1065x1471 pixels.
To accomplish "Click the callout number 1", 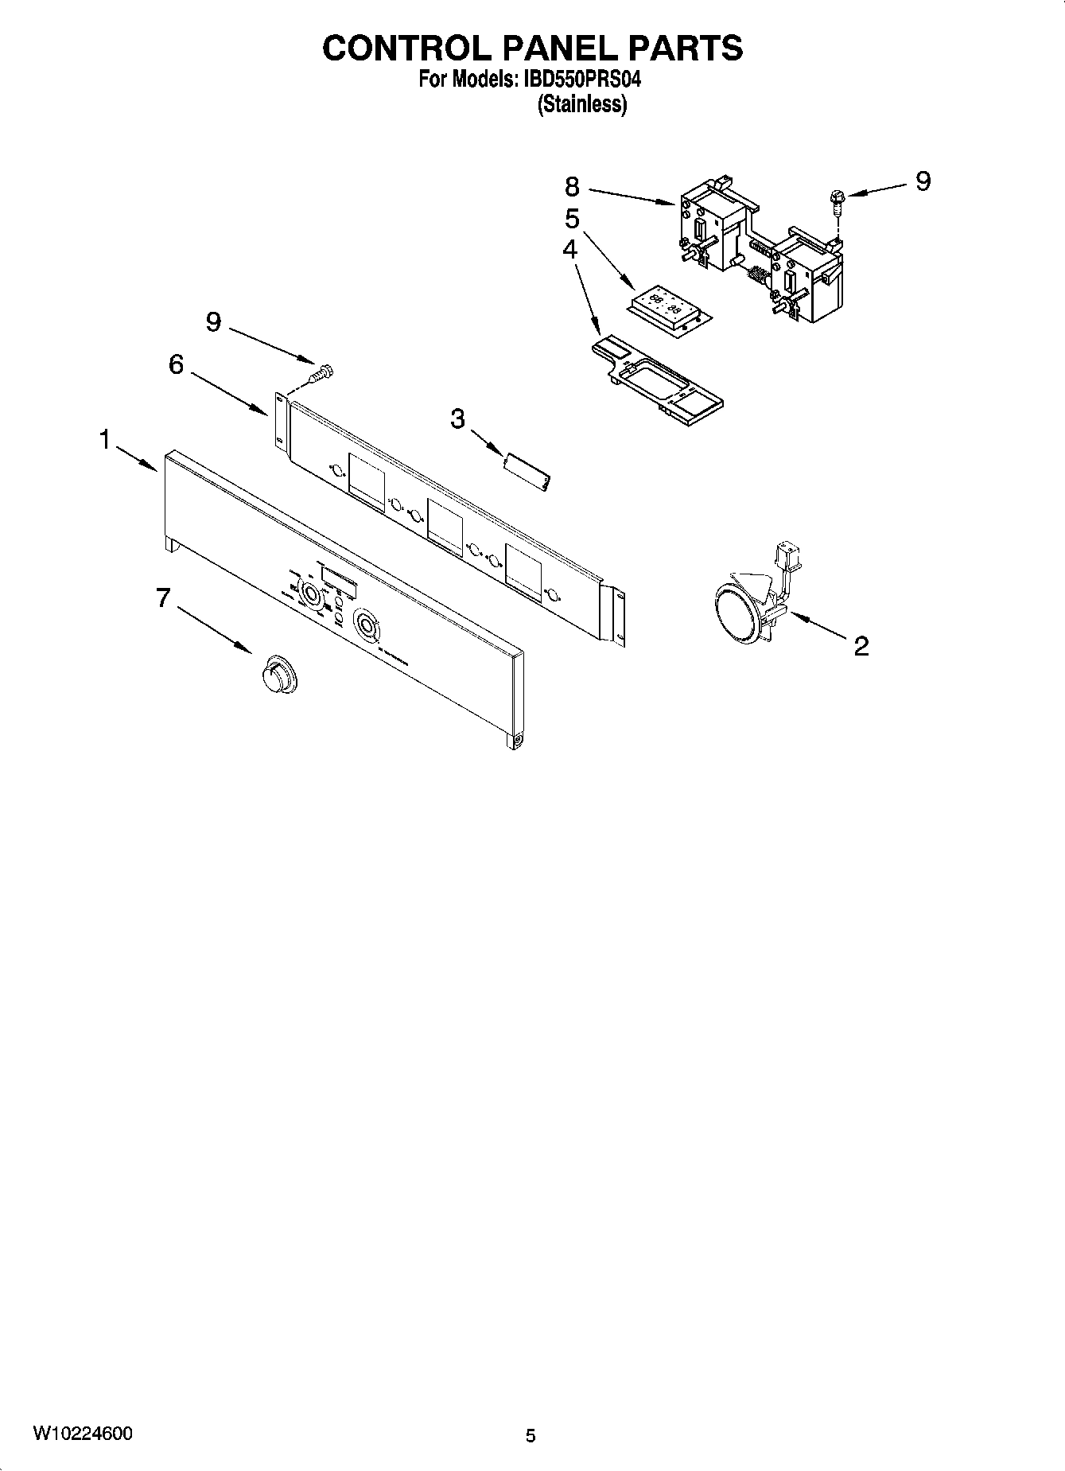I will [x=104, y=439].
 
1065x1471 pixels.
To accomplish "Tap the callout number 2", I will [x=861, y=646].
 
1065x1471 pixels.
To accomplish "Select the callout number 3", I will [x=457, y=418].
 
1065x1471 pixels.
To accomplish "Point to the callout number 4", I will [x=569, y=249].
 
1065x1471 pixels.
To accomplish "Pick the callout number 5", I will [x=572, y=219].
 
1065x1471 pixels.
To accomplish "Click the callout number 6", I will [x=176, y=364].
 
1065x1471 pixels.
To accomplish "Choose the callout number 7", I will [x=163, y=597].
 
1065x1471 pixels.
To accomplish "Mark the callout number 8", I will [x=573, y=187].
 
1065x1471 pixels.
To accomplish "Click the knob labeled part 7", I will [x=278, y=675].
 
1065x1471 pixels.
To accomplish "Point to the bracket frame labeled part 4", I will [x=657, y=376].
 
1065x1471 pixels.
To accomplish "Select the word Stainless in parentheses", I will [x=582, y=104].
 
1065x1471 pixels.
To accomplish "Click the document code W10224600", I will [x=83, y=1434].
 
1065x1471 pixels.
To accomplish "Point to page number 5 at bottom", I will [x=531, y=1436].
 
